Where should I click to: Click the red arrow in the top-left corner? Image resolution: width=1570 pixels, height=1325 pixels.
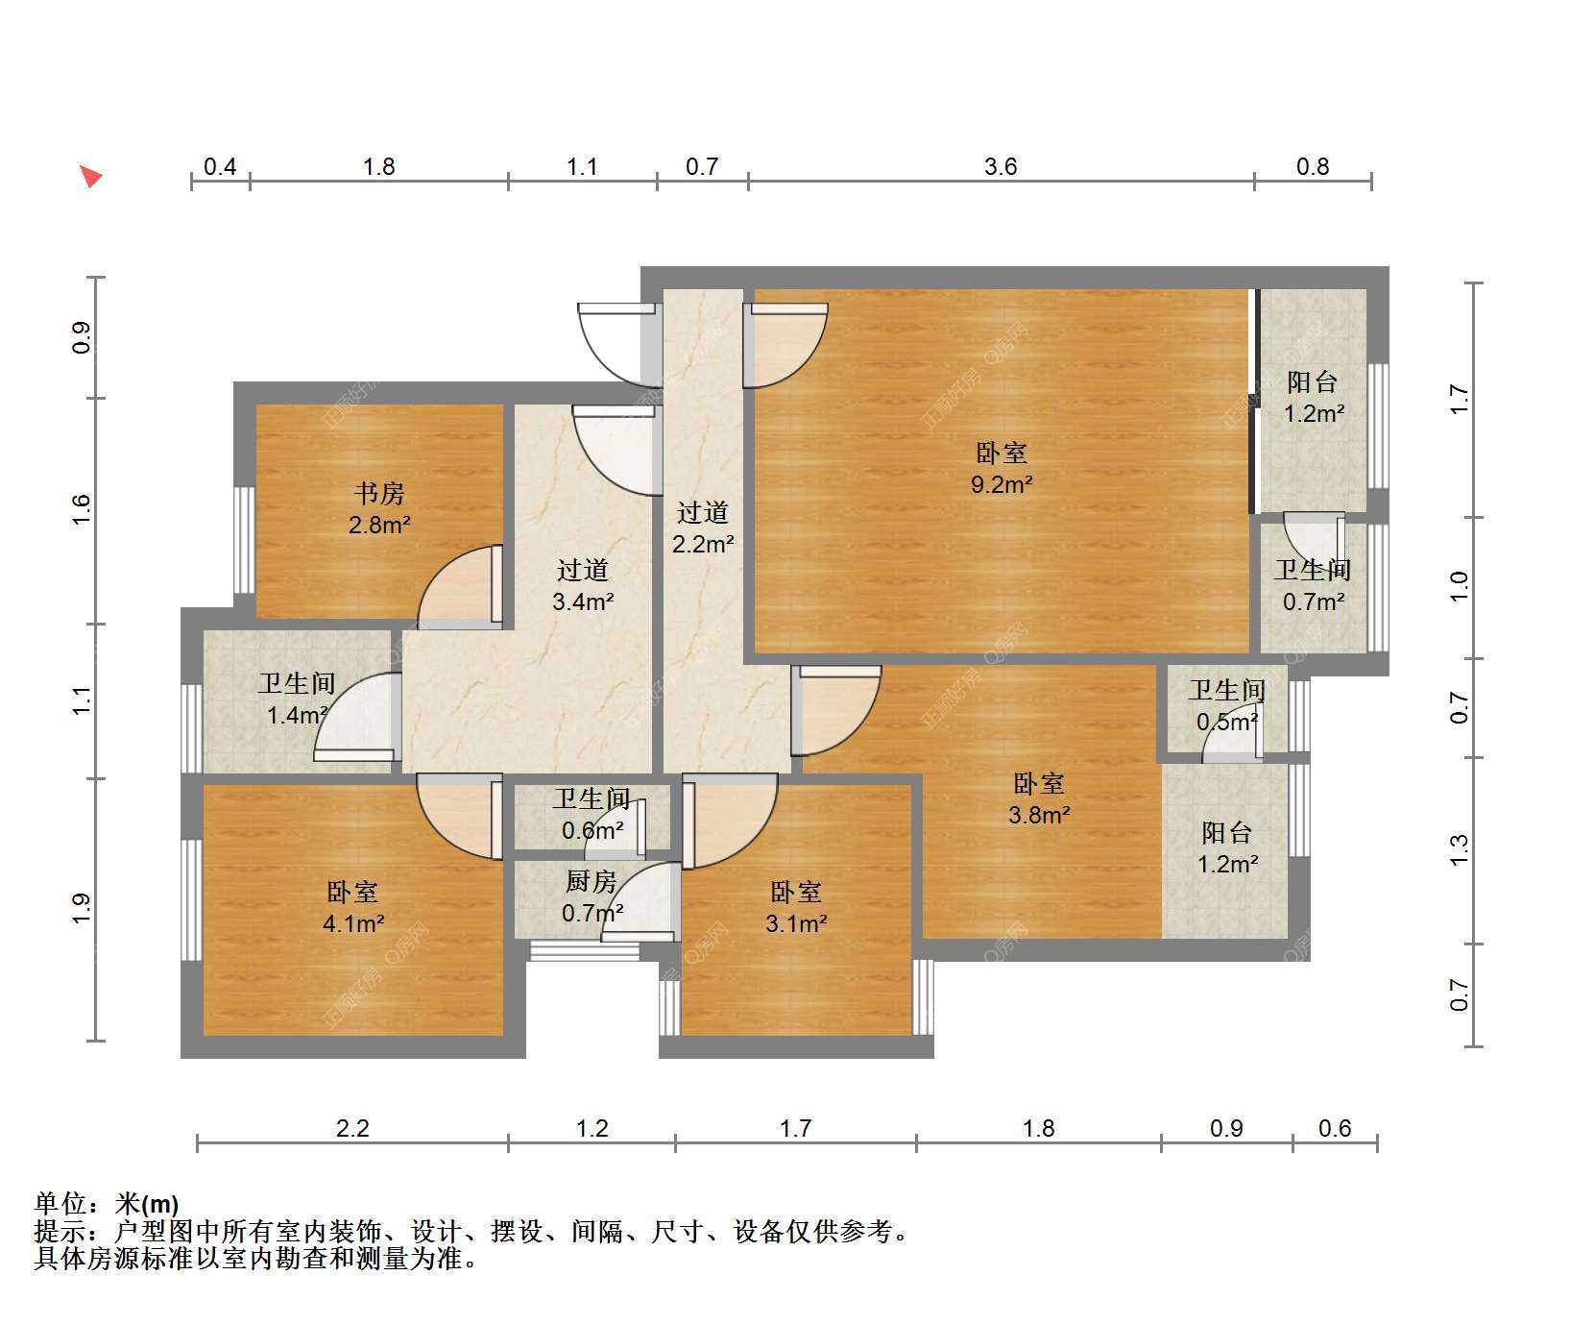point(91,177)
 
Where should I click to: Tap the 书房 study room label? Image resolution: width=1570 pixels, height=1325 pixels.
point(379,494)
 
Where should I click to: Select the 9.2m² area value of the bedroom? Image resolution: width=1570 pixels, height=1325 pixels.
point(1002,484)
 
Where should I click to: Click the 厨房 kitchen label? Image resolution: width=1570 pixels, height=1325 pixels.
point(591,881)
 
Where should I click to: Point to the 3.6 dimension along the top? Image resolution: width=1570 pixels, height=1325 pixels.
point(1001,166)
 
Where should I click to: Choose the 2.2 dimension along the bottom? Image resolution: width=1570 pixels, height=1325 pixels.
point(352,1128)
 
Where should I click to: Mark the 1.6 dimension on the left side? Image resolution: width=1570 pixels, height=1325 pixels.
point(82,509)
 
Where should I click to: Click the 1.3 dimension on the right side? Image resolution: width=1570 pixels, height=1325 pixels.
point(1460,849)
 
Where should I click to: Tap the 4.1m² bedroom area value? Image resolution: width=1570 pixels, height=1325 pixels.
point(353,923)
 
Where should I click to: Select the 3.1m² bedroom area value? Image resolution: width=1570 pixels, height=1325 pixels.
point(796,923)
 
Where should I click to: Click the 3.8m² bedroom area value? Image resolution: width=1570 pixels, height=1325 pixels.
point(1039,815)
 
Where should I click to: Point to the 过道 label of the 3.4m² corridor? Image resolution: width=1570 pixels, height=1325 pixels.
point(583,571)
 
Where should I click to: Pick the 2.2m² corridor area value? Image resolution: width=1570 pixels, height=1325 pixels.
point(703,544)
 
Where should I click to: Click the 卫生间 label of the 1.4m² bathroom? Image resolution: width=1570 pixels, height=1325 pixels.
point(297,683)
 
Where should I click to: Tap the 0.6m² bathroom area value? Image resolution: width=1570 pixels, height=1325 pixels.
point(592,830)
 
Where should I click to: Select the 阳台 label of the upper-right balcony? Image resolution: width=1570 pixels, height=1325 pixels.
point(1313,381)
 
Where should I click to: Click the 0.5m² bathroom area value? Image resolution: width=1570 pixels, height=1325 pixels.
point(1228,721)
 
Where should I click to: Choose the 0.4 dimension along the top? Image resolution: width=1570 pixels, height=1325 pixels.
point(220,166)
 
